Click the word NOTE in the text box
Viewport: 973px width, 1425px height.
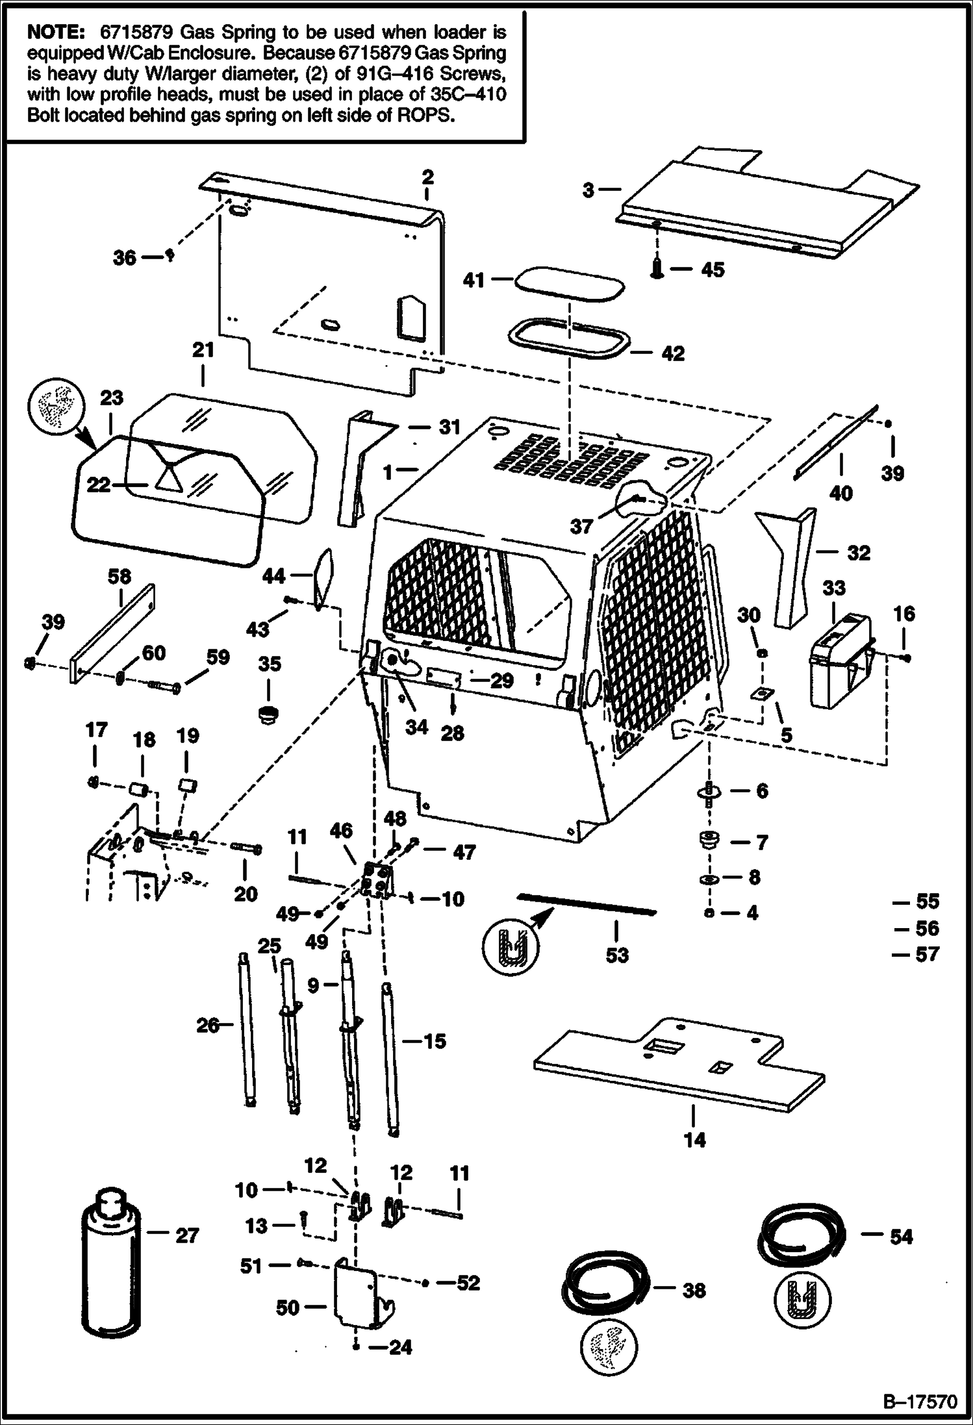tap(56, 32)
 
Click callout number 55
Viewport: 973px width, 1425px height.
tap(927, 902)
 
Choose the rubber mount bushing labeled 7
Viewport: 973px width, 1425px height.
tap(707, 840)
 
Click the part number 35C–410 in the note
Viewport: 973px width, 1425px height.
tap(468, 94)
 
